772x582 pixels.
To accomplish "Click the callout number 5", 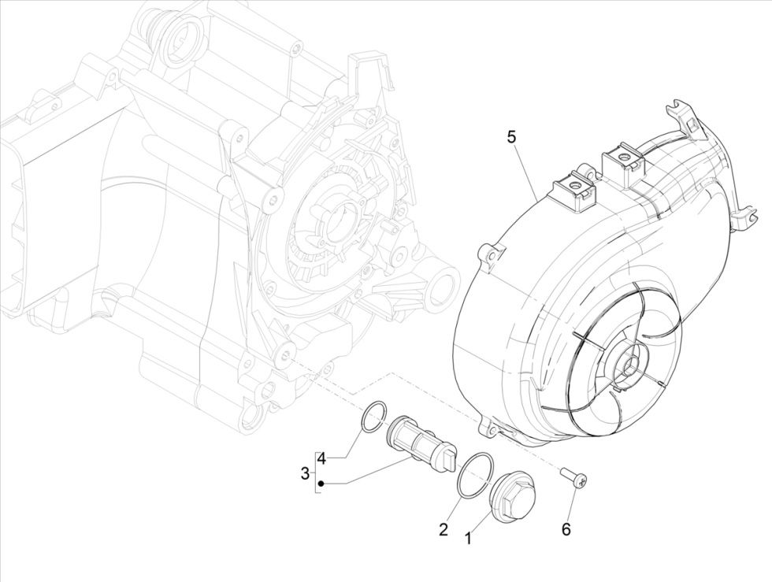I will tap(512, 138).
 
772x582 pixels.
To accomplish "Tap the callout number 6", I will tap(566, 529).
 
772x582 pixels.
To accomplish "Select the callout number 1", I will tap(468, 539).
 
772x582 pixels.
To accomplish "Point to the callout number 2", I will tap(444, 529).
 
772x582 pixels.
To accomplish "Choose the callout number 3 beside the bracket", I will tap(305, 473).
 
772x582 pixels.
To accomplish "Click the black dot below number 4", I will tap(321, 482).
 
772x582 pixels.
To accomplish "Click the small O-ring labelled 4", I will tap(374, 417).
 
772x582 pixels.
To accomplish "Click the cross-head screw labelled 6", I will tap(574, 479).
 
